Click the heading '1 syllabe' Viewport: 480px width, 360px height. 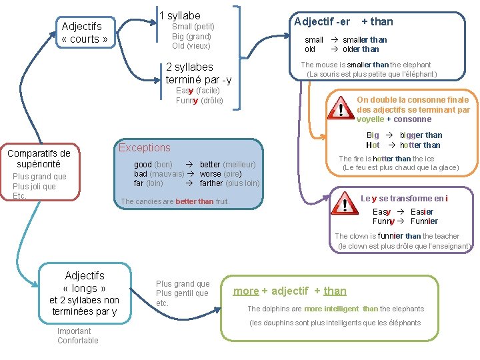[180, 15]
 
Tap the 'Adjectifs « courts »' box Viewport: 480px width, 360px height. [85, 33]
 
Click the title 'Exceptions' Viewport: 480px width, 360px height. [144, 148]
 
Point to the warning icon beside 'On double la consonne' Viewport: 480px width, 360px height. [342, 109]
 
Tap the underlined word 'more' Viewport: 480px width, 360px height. [246, 291]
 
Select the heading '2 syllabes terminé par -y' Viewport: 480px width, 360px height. [198, 73]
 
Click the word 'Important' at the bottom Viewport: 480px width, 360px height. [74, 331]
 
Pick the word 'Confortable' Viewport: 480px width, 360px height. [77, 341]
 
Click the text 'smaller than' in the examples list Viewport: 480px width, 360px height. [365, 40]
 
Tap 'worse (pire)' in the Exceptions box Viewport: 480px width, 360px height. [220, 174]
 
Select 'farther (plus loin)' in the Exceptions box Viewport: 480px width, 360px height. [229, 183]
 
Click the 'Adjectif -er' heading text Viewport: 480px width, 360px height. [322, 21]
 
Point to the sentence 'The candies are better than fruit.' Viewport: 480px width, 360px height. [175, 201]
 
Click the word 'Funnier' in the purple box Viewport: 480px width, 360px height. [424, 221]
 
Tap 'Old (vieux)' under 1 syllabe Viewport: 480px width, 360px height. [191, 46]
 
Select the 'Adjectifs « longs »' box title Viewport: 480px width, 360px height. [85, 282]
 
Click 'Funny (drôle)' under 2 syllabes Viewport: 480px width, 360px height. [199, 101]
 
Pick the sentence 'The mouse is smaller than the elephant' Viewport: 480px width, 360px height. [366, 65]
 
